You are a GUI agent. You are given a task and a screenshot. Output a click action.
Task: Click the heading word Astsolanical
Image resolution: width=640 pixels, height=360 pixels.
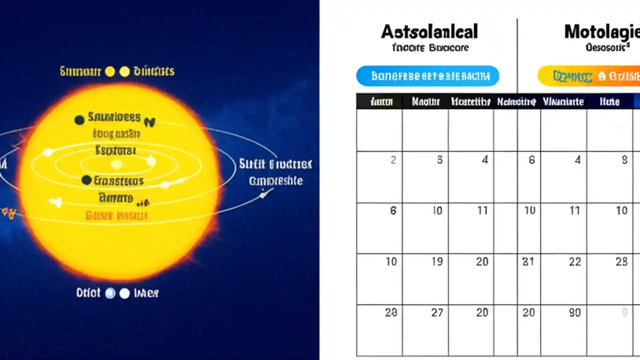(429, 32)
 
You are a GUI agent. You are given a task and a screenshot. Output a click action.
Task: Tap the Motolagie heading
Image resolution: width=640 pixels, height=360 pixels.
(602, 32)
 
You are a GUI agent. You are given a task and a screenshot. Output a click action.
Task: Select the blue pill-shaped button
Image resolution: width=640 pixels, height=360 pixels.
(427, 76)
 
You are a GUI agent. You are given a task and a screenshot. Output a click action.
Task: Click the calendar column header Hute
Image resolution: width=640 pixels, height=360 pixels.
(609, 102)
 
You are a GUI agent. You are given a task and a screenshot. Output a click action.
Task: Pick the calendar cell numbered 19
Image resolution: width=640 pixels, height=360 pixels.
(437, 261)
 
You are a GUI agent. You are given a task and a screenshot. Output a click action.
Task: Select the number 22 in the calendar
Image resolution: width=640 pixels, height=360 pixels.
(575, 261)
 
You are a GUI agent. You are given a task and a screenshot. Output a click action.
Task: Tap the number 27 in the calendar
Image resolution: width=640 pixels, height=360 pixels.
(437, 312)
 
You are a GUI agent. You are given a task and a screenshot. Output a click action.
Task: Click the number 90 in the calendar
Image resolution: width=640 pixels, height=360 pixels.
(575, 312)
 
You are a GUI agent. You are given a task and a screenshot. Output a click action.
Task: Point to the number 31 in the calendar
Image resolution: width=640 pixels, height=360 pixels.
(529, 261)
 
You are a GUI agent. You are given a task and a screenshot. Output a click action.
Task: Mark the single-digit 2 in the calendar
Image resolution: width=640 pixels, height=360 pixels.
(393, 160)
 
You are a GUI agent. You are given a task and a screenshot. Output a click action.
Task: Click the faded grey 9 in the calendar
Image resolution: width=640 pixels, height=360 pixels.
(624, 312)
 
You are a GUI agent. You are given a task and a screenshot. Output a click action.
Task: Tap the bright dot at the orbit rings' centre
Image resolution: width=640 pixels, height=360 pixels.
(116, 164)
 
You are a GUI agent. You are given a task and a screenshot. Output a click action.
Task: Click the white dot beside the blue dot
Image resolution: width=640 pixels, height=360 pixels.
(124, 293)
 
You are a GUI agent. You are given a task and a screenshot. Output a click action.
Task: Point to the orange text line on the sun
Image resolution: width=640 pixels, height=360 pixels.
(116, 216)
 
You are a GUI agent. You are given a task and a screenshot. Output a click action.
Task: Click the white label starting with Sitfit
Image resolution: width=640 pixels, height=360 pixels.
(275, 164)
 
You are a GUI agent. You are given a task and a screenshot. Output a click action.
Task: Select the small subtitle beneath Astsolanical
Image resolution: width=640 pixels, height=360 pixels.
(430, 48)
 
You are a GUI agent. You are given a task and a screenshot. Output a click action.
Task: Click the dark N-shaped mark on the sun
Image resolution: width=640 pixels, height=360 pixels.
(150, 121)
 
